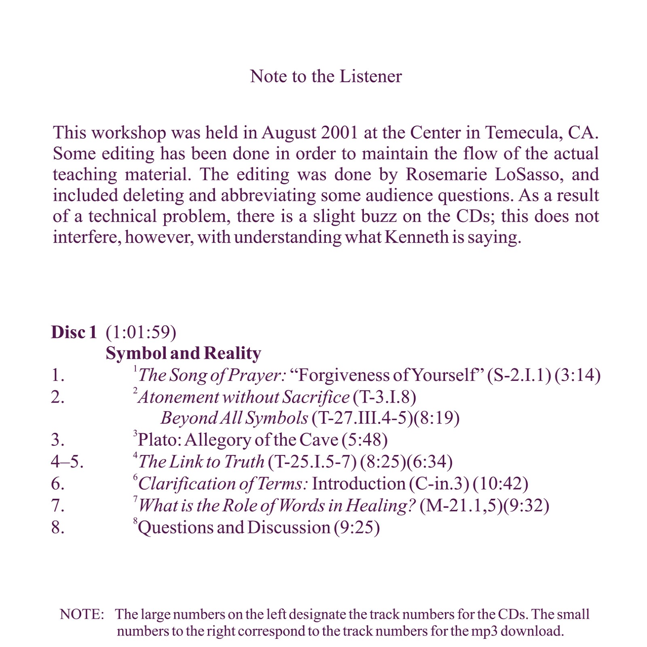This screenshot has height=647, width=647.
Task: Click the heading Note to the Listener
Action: click(x=326, y=76)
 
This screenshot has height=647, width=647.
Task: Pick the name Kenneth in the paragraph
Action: click(x=417, y=237)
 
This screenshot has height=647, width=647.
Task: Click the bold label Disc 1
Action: click(x=74, y=332)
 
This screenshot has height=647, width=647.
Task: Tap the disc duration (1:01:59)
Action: click(x=141, y=332)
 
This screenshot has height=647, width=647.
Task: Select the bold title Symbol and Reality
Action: click(x=183, y=353)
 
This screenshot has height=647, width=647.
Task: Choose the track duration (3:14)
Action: click(x=577, y=375)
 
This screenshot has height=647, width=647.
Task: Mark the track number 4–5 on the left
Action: click(x=67, y=462)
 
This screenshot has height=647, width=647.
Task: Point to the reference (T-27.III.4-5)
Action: click(x=362, y=418)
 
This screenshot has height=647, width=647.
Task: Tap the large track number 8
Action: click(x=58, y=528)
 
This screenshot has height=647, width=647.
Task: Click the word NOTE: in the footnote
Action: click(x=82, y=614)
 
